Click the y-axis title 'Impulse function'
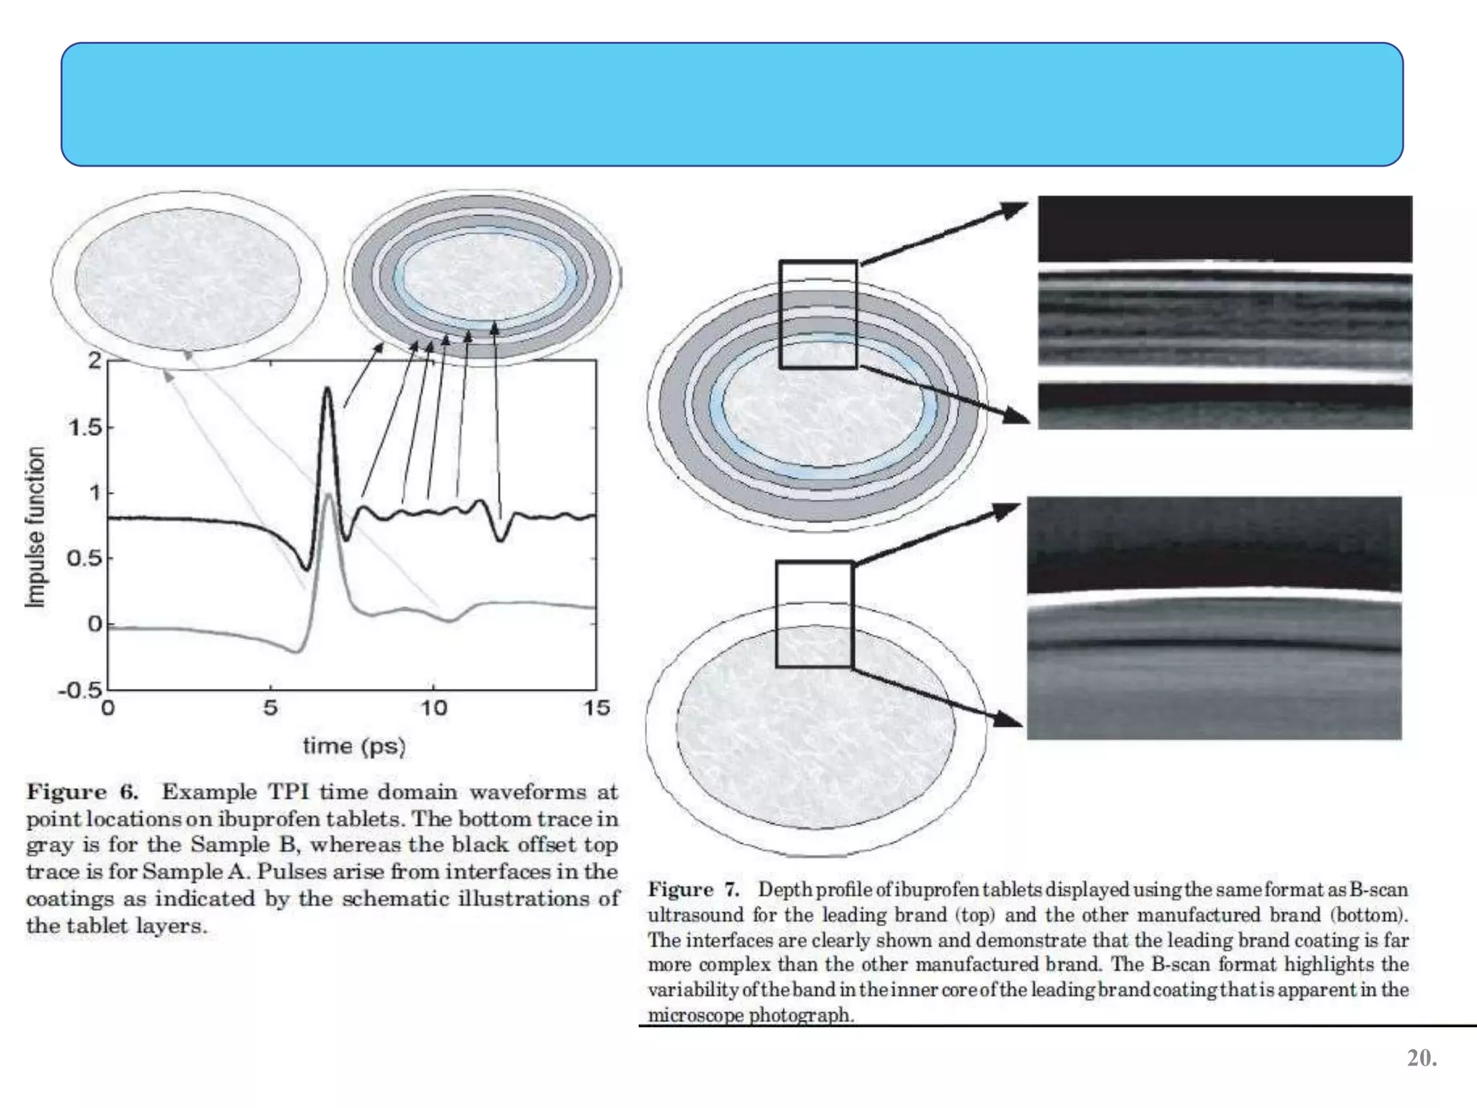(x=35, y=527)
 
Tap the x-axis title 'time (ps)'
(x=354, y=745)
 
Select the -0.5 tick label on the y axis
(x=80, y=690)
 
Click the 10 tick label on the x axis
(x=433, y=708)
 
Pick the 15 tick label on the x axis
(x=596, y=708)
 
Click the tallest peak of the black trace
(x=327, y=390)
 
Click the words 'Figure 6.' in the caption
(x=82, y=792)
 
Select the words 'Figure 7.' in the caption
(x=693, y=889)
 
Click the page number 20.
(x=1421, y=1058)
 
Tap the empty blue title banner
(x=731, y=105)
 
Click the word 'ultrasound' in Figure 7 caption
(x=695, y=915)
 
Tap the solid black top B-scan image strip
(x=1225, y=229)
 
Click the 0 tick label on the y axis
(x=94, y=624)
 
